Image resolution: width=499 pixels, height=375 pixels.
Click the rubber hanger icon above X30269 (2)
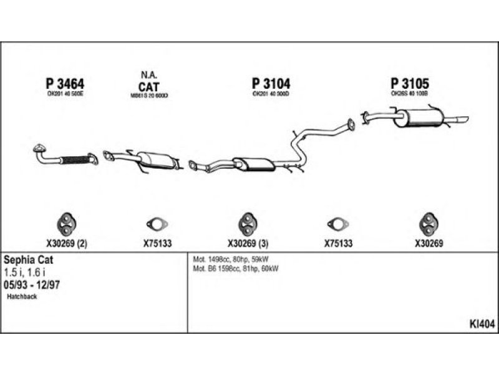point(65,223)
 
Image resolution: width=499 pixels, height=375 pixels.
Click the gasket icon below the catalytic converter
point(153,224)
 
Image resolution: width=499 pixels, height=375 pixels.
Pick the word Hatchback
point(22,297)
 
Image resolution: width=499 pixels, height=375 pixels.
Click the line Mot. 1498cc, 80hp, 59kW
point(232,259)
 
